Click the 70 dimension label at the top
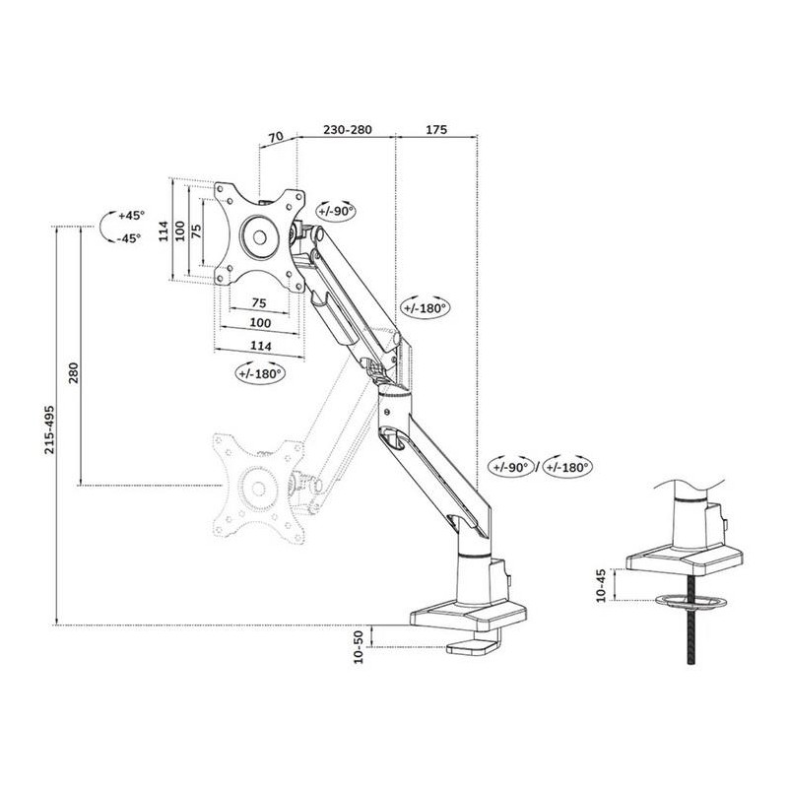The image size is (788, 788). (x=277, y=136)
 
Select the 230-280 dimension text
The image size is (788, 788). (x=348, y=130)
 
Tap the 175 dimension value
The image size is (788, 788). (x=436, y=130)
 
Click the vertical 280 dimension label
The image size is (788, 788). (x=73, y=372)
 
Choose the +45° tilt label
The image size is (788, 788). (x=131, y=216)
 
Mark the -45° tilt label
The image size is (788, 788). (x=129, y=238)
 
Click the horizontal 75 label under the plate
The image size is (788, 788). (x=259, y=303)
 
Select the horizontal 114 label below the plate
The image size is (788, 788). (x=261, y=346)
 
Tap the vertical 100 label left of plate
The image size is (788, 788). (x=180, y=230)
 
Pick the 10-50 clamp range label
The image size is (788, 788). (x=359, y=647)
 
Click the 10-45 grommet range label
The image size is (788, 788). (x=601, y=586)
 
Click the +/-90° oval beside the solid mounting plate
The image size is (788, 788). (x=336, y=212)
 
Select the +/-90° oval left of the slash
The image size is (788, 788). (x=511, y=467)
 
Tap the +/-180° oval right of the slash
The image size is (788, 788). (x=568, y=467)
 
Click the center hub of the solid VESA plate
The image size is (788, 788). (x=259, y=236)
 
